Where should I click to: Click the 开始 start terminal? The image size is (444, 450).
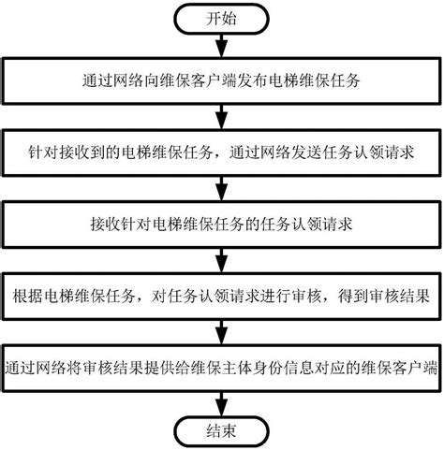tap(222, 20)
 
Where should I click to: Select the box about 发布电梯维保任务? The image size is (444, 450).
tap(222, 81)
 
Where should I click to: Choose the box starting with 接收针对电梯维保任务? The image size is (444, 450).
tap(222, 227)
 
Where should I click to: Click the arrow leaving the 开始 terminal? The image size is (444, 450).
tap(222, 46)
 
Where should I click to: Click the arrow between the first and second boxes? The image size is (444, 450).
tap(222, 117)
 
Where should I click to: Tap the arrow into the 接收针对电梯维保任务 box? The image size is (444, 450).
tap(222, 190)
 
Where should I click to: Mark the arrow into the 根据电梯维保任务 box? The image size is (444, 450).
tap(222, 263)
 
